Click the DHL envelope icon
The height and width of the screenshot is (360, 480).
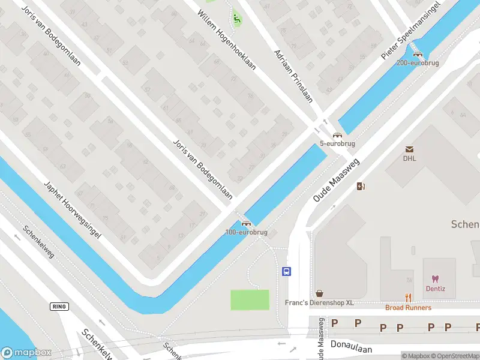click(x=410, y=149)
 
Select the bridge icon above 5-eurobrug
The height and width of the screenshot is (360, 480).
click(x=337, y=135)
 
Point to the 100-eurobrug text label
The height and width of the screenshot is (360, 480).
click(x=246, y=232)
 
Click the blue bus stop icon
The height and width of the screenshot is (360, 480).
click(x=287, y=271)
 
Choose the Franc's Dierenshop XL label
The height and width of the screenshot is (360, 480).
click(x=319, y=303)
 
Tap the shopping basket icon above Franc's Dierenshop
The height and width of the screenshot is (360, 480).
click(x=320, y=293)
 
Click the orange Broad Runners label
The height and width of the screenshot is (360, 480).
click(x=408, y=308)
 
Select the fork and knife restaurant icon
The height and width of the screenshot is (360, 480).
click(x=409, y=298)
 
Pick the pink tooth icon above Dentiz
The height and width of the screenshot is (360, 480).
click(x=436, y=279)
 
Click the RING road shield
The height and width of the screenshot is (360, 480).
click(x=59, y=306)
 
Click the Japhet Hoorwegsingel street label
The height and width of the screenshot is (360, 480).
click(x=71, y=209)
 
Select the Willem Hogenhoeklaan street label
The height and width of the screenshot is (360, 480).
click(x=227, y=40)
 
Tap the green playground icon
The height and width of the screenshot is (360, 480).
click(x=236, y=19)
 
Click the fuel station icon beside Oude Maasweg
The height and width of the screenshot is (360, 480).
click(x=361, y=186)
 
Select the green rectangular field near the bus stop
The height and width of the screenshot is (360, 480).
click(x=250, y=299)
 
